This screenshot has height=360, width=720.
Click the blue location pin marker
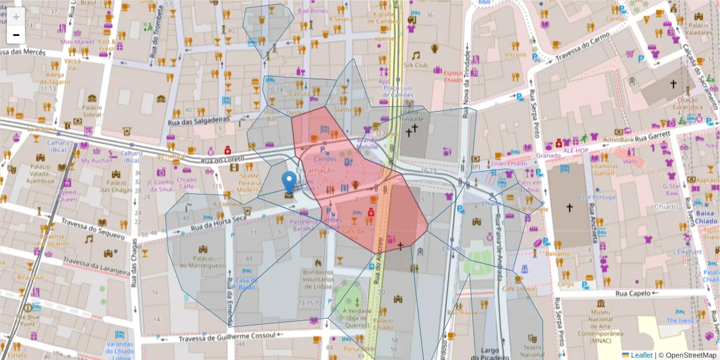(289, 182)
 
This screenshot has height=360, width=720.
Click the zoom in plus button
(16, 17)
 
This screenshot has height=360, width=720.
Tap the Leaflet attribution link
(637, 355)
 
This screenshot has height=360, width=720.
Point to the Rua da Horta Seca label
(217, 222)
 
